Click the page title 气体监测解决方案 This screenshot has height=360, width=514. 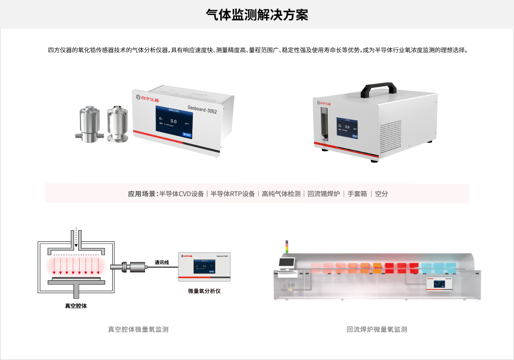click(257, 15)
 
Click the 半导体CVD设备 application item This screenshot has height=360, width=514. click(182, 193)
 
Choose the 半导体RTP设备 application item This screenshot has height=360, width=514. click(233, 193)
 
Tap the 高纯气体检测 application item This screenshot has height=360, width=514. click(281, 193)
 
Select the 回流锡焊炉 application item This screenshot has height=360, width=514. click(323, 193)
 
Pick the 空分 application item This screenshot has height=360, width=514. click(381, 193)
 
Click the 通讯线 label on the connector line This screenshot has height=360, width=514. click(162, 262)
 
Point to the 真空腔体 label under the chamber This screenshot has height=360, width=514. click(76, 306)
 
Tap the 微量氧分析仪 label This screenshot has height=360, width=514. click(204, 291)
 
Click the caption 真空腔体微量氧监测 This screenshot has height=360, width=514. click(138, 329)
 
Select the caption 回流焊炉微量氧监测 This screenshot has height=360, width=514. click(377, 329)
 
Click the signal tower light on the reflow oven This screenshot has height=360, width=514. click(287, 247)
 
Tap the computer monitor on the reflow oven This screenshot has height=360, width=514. click(287, 262)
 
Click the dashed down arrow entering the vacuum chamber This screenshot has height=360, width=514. click(76, 238)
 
